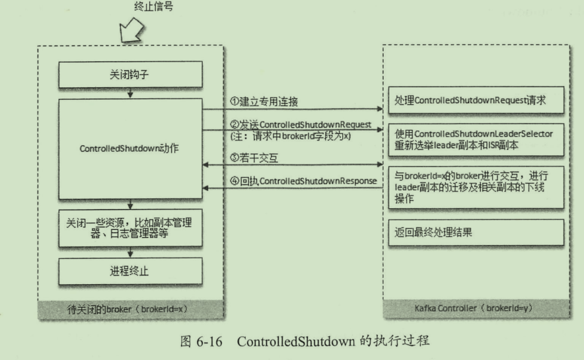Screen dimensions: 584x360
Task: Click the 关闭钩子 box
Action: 130,75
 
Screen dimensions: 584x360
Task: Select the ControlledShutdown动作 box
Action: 130,149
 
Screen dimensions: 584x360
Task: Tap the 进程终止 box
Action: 130,271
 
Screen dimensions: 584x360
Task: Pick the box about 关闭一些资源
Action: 130,228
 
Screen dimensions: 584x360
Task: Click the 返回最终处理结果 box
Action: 476,233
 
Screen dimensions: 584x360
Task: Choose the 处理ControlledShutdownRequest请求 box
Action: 476,100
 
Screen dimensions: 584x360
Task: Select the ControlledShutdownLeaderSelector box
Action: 476,139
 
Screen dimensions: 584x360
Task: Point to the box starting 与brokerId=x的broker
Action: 476,187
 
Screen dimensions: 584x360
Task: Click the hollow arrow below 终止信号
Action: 131,30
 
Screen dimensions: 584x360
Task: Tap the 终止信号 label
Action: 153,7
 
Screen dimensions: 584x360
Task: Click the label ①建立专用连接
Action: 264,102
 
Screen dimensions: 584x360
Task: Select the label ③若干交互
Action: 254,159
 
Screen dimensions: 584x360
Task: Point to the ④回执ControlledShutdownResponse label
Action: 303,181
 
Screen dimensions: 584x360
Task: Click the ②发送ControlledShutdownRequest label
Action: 301,125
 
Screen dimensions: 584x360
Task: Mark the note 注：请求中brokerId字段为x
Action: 290,136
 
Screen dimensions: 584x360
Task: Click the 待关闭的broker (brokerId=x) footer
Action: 128,309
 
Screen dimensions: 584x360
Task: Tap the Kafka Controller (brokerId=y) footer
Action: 474,308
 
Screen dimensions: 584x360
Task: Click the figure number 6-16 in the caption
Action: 209,342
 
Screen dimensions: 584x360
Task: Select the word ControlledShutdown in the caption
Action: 296,342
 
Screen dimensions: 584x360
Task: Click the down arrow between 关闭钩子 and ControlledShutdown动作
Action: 130,93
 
